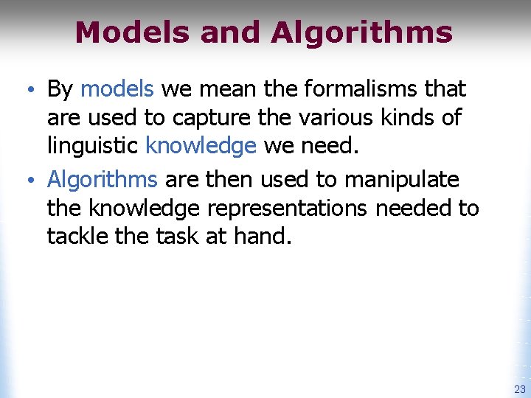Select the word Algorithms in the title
click(x=361, y=32)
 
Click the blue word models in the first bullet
click(x=117, y=89)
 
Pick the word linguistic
click(x=93, y=145)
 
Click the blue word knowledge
click(x=201, y=145)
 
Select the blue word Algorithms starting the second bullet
click(x=103, y=180)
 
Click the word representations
click(x=287, y=209)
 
